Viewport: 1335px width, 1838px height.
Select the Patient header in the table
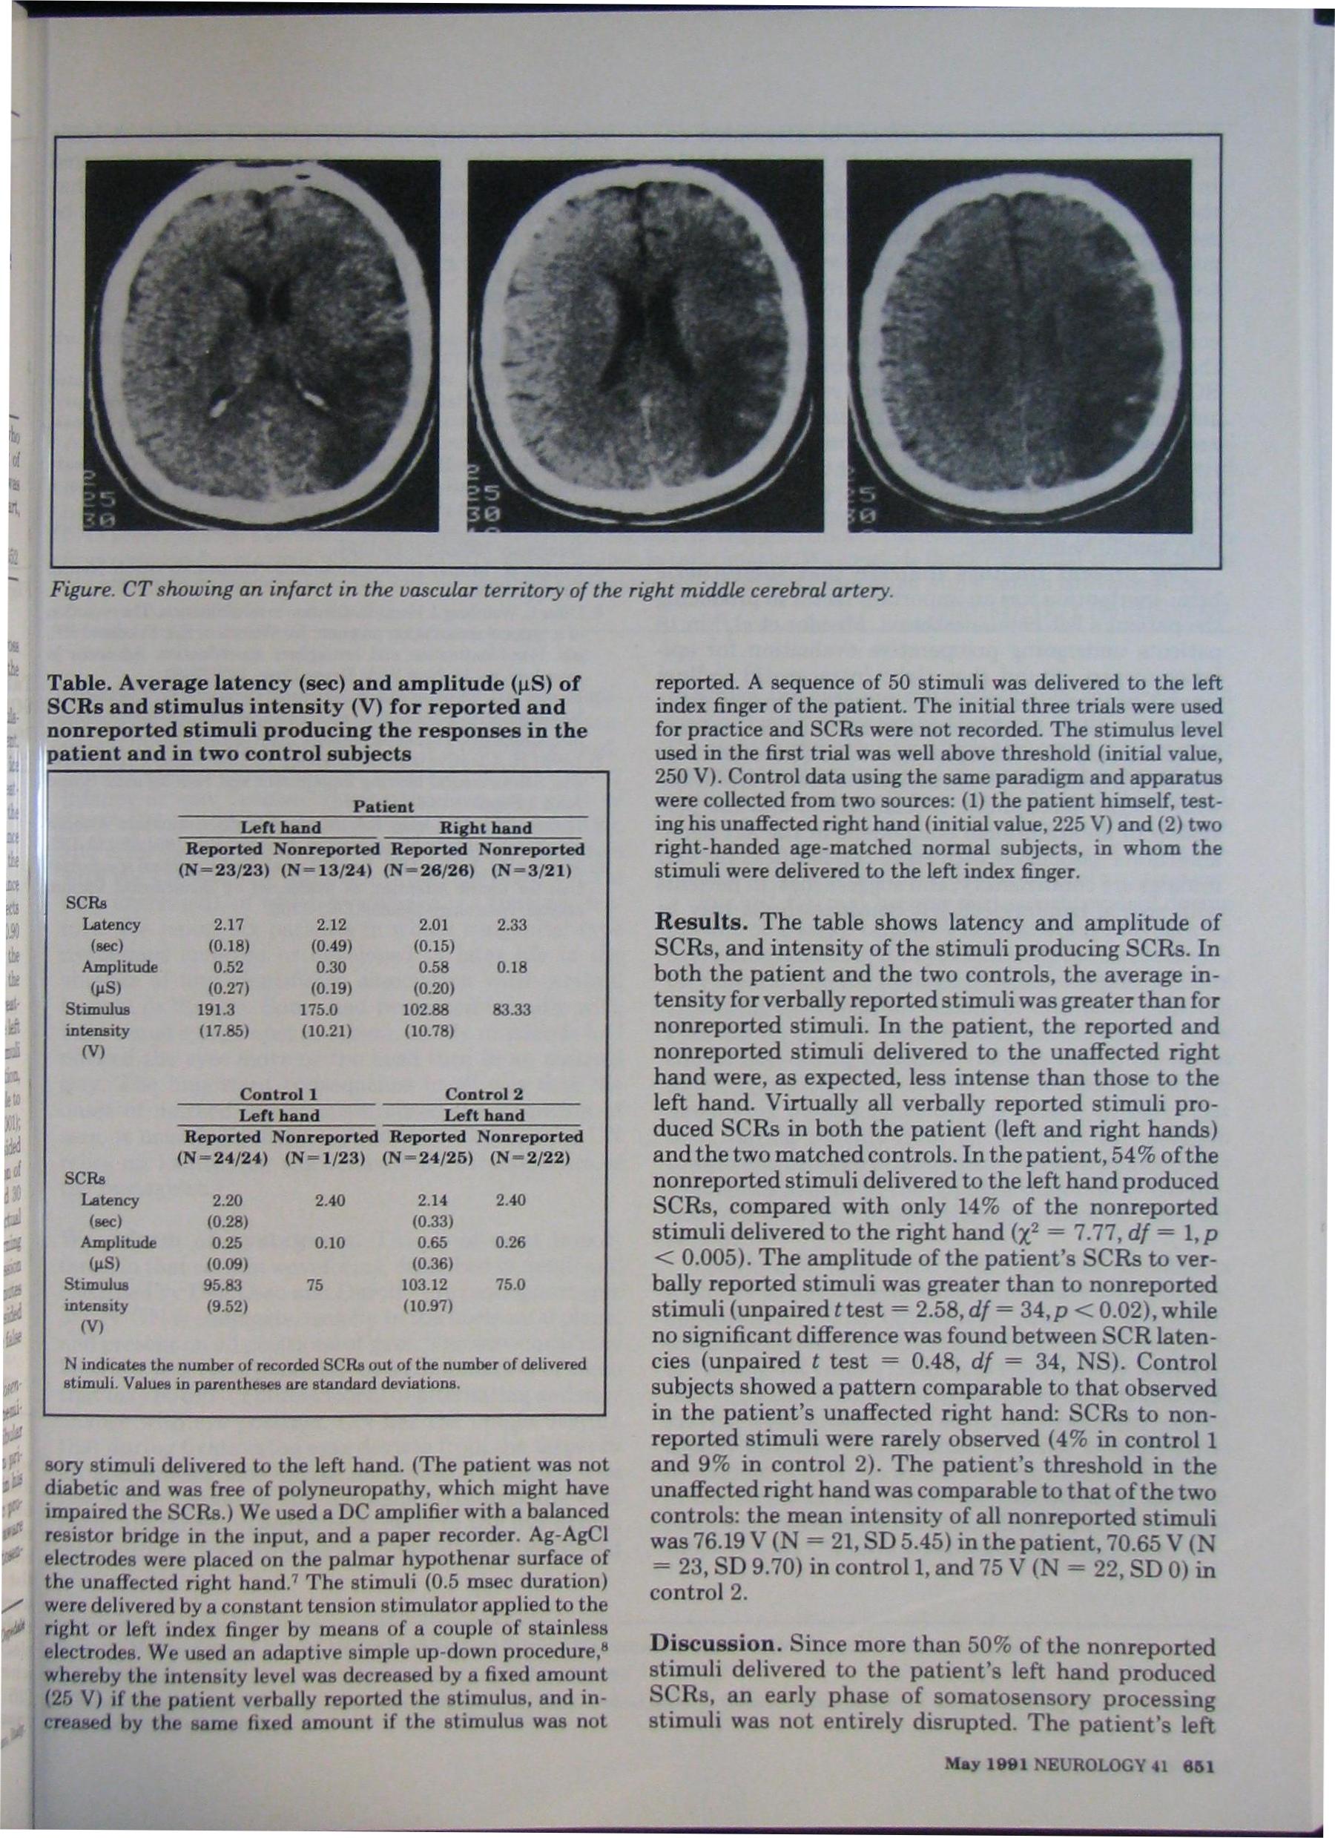(x=383, y=806)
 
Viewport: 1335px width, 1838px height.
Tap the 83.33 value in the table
(x=509, y=1009)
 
